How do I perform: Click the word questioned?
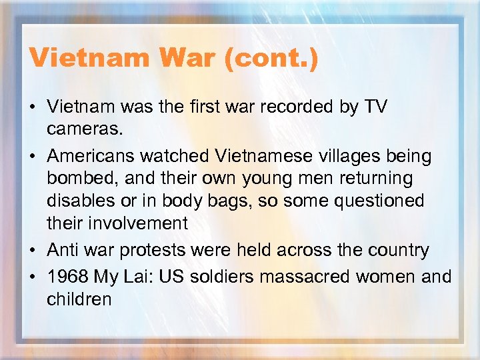coord(385,201)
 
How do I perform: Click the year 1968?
coord(67,277)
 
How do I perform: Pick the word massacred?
coord(323,277)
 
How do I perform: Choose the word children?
coord(79,299)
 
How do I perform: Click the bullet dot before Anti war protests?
coord(33,251)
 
